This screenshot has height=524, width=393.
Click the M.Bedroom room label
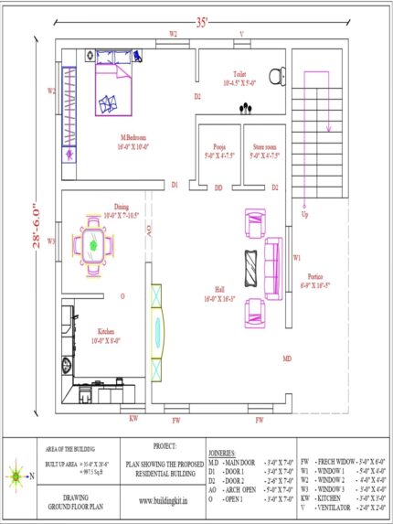(133, 139)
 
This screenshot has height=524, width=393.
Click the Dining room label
(122, 207)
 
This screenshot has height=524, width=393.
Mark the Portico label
(315, 275)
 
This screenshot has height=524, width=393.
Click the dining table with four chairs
(94, 244)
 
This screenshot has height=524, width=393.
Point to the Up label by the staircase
(304, 216)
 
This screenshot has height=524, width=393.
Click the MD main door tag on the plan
(287, 358)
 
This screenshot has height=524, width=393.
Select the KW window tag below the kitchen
(133, 418)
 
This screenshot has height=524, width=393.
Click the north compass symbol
(19, 475)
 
